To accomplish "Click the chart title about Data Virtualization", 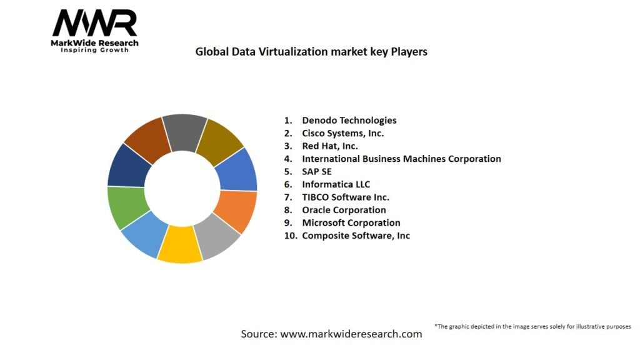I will tap(311, 52).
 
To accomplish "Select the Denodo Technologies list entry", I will tap(349, 120).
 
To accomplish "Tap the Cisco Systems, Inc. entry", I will tap(342, 133).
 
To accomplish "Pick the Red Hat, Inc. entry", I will tap(331, 146).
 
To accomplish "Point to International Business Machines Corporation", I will tap(401, 159).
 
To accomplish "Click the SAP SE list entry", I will tap(317, 171).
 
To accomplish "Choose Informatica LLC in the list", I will tap(336, 184).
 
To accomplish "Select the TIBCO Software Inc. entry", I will tap(346, 197).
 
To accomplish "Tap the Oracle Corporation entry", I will tap(344, 210).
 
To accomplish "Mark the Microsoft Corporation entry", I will tap(351, 222).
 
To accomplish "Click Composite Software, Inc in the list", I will tap(356, 236).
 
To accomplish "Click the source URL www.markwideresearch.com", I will tap(351, 334).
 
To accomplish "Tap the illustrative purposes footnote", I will tap(532, 326).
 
